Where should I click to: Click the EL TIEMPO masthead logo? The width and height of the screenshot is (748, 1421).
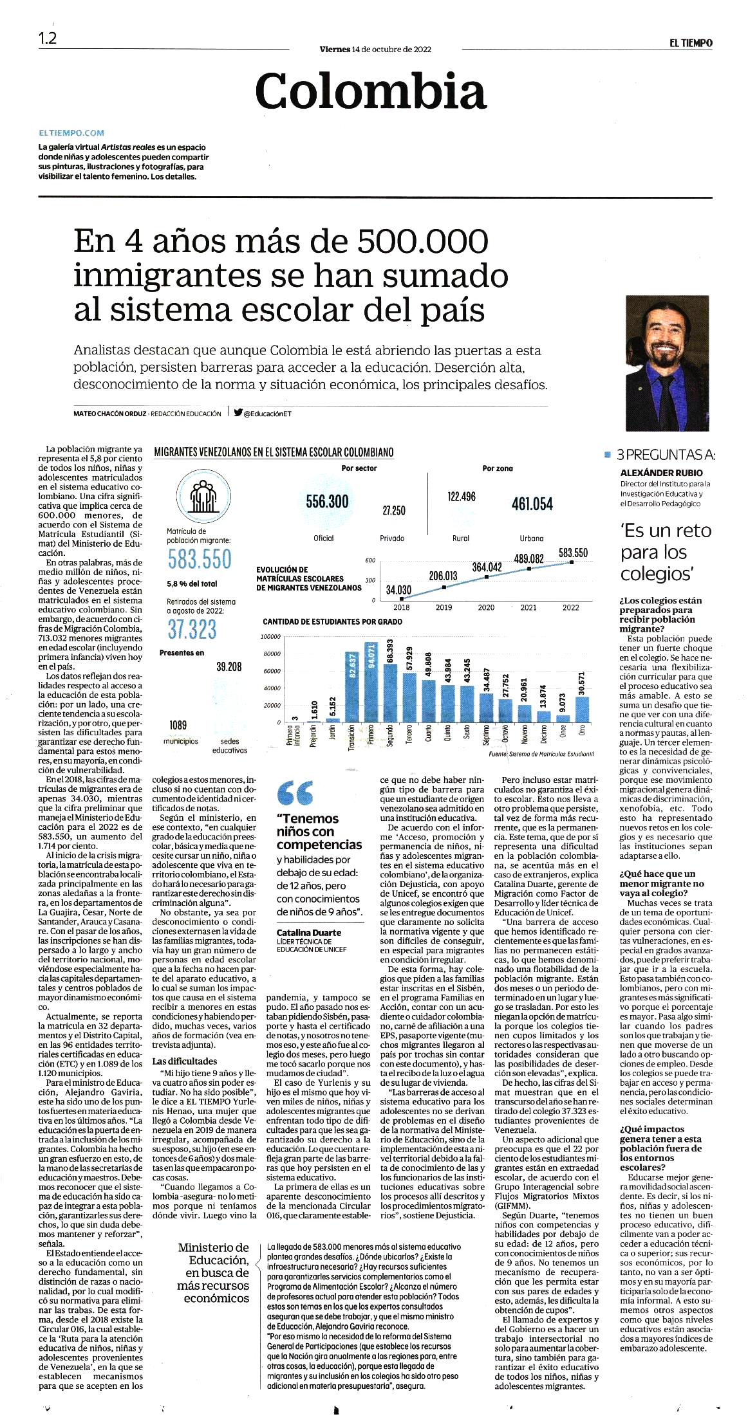pos(690,43)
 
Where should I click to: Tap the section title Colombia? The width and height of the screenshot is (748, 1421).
pos(371,91)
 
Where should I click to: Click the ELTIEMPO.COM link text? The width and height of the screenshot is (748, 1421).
pos(71,133)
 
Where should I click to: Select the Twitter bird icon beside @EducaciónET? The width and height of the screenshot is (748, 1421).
pos(238,413)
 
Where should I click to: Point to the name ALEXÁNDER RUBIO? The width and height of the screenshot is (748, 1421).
pos(662,473)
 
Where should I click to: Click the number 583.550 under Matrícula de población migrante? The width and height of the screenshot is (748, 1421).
pos(199,559)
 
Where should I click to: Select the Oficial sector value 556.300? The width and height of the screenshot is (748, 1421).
pos(327,502)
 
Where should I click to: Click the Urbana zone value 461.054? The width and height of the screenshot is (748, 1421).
pos(532,504)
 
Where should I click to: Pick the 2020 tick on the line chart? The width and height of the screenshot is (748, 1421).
pos(486,607)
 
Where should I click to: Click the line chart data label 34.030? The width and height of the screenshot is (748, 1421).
pos(398,590)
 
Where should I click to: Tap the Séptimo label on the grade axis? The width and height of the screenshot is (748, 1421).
pos(486,737)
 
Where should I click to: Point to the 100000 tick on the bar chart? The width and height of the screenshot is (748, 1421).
pos(271,637)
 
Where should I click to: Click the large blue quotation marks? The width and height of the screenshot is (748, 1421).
pos(295,793)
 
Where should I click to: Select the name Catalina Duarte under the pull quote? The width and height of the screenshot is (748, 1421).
pos(309,933)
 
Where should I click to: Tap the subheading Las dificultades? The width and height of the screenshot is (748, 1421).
pos(185,1061)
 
